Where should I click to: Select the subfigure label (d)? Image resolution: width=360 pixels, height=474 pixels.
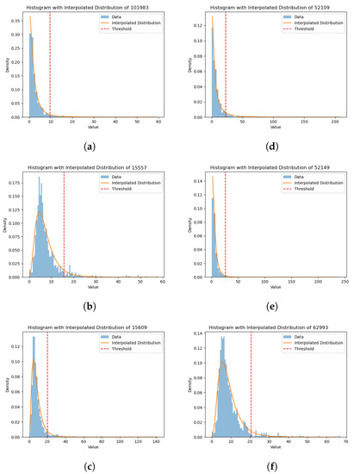(272, 146)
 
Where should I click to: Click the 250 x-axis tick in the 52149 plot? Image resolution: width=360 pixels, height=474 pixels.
(344, 282)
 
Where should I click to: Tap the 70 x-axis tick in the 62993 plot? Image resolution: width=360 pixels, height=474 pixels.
(345, 442)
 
